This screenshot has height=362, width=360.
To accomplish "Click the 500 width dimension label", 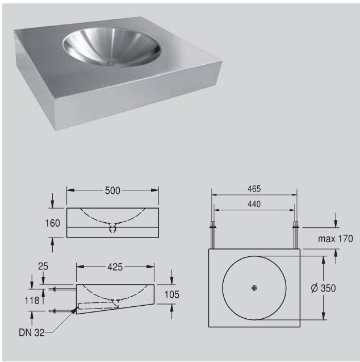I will tap(112, 191).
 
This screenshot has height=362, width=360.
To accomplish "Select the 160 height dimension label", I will tap(53, 223).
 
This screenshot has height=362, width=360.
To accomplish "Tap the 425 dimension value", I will tap(115, 266).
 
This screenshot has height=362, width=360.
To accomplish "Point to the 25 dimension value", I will tap(43, 266).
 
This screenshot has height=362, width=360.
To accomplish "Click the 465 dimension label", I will tap(254, 188).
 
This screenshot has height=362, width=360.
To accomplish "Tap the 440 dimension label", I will tap(254, 204).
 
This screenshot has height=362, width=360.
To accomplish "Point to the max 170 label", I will tap(335, 239).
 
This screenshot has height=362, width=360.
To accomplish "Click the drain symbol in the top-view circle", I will tap(254, 288).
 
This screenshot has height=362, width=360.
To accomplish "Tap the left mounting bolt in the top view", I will tap(214, 234).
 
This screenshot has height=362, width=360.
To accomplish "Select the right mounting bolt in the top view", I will tap(295, 234).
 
